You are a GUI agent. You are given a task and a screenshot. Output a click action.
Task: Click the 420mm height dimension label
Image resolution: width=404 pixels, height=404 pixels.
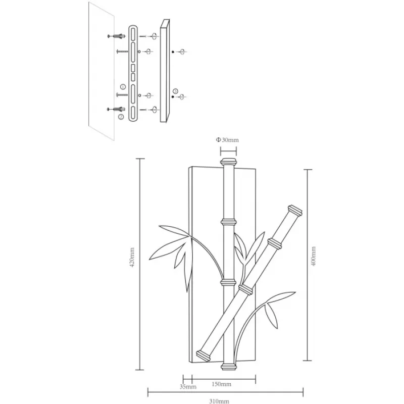coord(132,257)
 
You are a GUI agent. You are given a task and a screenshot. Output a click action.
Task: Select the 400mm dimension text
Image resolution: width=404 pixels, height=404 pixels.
coord(313,256)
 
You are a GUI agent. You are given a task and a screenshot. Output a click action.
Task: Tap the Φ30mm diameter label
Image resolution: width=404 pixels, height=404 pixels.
coord(227,140)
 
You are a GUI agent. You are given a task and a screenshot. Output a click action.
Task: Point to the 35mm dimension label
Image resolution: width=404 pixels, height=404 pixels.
coord(188,387)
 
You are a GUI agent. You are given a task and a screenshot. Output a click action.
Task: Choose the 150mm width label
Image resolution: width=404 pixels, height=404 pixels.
coord(221,384)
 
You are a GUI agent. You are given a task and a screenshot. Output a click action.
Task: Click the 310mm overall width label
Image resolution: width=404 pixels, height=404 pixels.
coord(219,401)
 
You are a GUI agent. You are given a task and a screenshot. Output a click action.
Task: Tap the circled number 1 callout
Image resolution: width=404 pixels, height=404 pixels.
coord(123,86)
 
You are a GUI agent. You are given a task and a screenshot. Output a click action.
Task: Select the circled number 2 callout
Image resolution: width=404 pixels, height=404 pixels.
coord(121,117)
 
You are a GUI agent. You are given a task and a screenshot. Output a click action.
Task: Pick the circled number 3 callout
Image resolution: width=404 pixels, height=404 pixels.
coord(175,91)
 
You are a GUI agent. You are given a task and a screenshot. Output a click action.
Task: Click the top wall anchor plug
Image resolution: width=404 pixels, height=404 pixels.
coord(116,36)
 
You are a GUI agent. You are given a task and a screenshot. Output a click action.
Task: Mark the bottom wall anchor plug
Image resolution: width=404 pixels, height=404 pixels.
coord(116,109)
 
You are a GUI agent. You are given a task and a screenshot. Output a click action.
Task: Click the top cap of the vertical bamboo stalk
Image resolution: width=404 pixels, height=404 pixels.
coord(228,162)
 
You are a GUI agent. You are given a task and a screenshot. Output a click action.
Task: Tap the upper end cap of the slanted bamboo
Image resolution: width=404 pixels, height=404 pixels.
coord(295,210)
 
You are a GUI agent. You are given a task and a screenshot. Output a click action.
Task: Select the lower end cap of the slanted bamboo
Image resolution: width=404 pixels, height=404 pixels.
coord(204,356)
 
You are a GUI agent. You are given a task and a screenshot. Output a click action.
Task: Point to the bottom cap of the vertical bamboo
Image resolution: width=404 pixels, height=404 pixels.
coord(229,367)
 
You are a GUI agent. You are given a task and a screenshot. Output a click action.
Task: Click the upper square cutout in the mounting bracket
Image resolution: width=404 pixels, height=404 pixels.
coord(133,68)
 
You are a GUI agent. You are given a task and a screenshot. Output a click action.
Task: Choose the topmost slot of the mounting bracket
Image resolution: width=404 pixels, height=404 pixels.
coord(133,34)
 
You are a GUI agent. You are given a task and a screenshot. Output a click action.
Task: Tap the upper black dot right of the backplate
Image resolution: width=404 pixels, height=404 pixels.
coord(173,52)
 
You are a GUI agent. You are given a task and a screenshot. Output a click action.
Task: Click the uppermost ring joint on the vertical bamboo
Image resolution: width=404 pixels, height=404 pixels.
coord(229,222)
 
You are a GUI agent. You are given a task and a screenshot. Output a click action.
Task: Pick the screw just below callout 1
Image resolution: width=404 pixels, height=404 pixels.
coord(122,95)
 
